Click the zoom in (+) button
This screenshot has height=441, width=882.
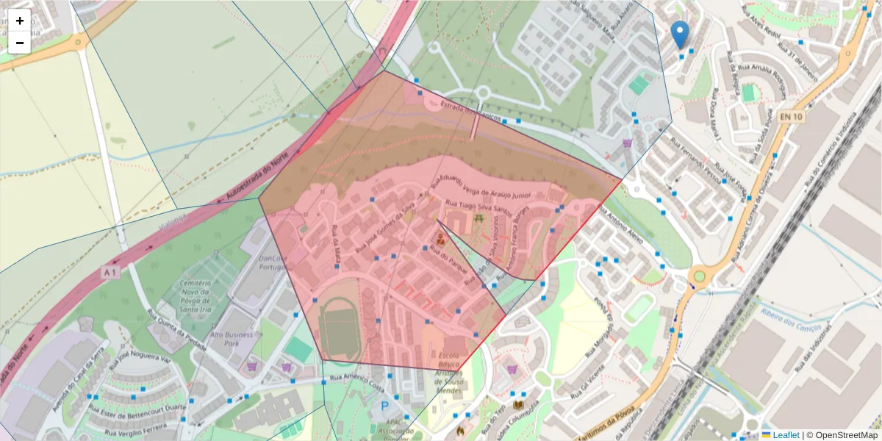20,21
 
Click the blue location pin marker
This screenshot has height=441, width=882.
681,34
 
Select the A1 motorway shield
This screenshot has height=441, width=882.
110,273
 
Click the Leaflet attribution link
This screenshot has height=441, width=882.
785,435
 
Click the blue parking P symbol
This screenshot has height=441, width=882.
384,406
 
